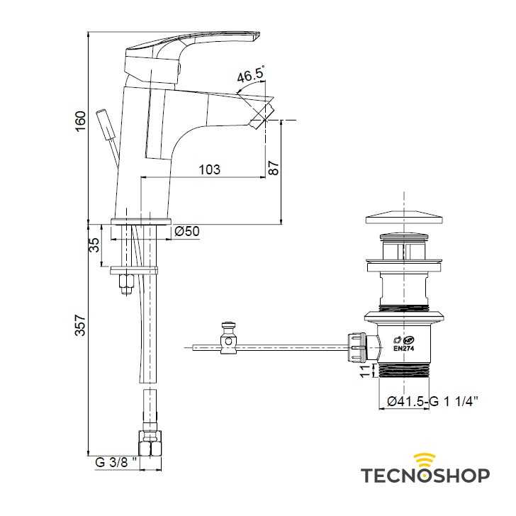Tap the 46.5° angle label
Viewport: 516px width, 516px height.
pyautogui.click(x=250, y=75)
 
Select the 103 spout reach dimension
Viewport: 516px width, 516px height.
pyautogui.click(x=209, y=169)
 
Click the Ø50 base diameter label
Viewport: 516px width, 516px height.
pyautogui.click(x=187, y=231)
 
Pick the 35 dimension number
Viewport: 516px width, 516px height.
pyautogui.click(x=94, y=245)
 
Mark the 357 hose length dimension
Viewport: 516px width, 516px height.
pyautogui.click(x=81, y=325)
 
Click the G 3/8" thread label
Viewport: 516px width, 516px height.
pyautogui.click(x=116, y=462)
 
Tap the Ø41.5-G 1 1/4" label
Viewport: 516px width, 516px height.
pyautogui.click(x=432, y=401)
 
